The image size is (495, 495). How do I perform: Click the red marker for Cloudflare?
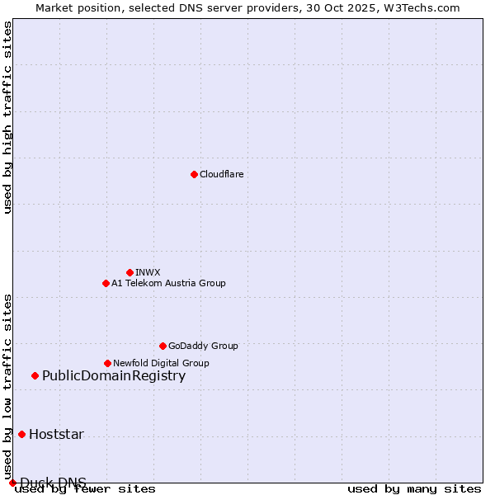pos(194,174)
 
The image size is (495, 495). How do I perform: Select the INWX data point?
pos(130,272)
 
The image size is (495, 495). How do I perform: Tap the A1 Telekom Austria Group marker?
pos(106,283)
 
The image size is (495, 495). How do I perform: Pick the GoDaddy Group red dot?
pos(163,346)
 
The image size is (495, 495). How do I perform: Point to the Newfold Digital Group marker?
pos(107,363)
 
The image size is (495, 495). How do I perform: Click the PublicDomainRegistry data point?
pos(35,376)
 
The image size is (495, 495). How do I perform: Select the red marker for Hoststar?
pos(21,434)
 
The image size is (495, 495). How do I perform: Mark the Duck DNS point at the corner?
pos(12,483)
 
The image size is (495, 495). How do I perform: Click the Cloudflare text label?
pos(221,174)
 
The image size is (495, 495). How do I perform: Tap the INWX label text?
pos(148,272)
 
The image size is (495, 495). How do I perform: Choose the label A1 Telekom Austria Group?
pos(168,283)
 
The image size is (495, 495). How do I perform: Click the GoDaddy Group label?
pos(203,346)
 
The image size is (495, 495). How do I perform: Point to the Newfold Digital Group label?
pos(161,363)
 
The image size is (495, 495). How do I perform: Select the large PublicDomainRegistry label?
pos(114,376)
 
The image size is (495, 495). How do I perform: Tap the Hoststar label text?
pos(56,435)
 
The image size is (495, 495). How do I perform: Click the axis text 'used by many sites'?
pos(414,488)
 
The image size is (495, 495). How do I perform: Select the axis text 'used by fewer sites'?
pos(86,489)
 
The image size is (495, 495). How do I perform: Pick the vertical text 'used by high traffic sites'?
pos(7,117)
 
